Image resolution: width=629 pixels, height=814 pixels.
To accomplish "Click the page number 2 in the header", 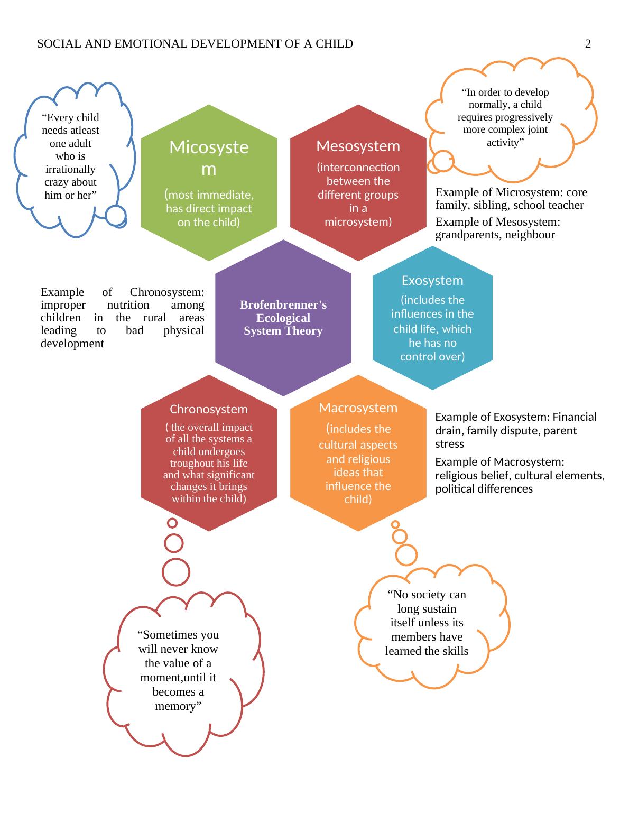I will (588, 44).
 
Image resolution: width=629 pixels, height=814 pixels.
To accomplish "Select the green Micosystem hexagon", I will (209, 182).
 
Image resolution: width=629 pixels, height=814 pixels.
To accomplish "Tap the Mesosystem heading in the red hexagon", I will (358, 146).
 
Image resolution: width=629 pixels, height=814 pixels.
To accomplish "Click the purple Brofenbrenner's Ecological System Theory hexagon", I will (283, 318).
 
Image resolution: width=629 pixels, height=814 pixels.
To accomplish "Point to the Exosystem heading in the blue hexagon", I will (432, 280).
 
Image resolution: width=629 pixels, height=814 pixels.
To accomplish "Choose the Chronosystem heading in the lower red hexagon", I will (209, 409).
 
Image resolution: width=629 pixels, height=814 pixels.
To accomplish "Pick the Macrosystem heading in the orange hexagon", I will (358, 408).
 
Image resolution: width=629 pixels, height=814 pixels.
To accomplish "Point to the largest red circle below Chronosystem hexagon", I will (176, 571).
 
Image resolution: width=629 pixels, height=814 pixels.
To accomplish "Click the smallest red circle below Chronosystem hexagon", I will (172, 523).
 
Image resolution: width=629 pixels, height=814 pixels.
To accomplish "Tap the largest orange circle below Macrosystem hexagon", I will (406, 555).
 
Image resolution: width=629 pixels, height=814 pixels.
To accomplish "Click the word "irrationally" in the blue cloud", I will (70, 169).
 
